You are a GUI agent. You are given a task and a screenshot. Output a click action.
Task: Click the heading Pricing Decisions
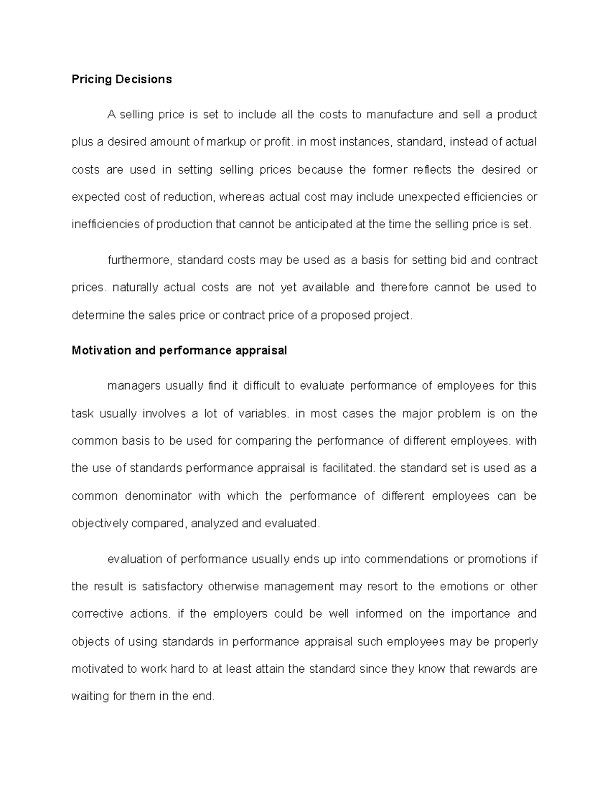pos(121,79)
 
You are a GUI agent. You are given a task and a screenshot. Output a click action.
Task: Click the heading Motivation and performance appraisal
pos(179,351)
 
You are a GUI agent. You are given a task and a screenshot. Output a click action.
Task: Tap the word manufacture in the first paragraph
pos(400,114)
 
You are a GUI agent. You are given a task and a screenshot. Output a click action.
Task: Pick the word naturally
pos(135,288)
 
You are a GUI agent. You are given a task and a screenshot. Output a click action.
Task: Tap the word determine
pos(98,315)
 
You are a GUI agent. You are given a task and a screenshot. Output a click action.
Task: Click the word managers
pos(134,386)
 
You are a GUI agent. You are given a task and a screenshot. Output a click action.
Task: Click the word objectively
pos(100,523)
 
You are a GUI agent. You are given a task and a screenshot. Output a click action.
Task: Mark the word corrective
pos(97,614)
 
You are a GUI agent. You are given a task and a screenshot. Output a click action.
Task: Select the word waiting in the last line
pos(90,696)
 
